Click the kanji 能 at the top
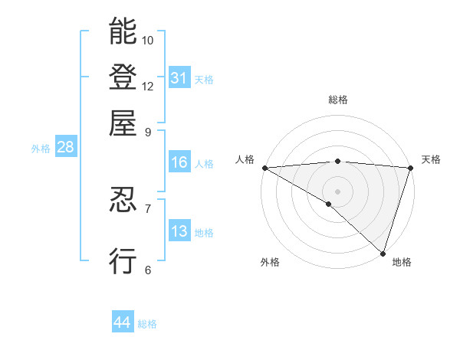click(x=123, y=32)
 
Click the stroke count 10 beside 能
click(x=148, y=40)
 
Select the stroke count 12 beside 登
click(x=148, y=86)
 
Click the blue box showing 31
click(x=179, y=77)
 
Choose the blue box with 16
click(x=179, y=162)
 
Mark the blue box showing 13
click(x=179, y=231)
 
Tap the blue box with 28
click(x=65, y=148)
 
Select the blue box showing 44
click(x=122, y=322)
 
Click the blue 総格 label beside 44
click(x=147, y=324)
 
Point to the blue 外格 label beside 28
click(x=40, y=149)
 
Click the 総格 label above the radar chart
click(x=337, y=100)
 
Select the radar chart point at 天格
click(x=410, y=168)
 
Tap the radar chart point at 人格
click(x=264, y=168)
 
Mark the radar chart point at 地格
click(x=383, y=253)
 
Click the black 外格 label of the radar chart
click(x=270, y=262)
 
